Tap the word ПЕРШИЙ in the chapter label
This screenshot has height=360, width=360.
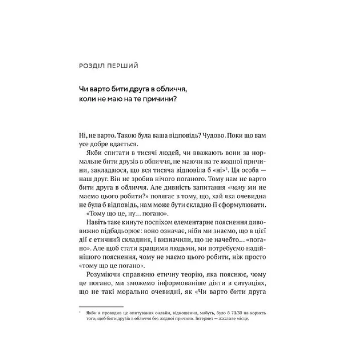click(x=122, y=65)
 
